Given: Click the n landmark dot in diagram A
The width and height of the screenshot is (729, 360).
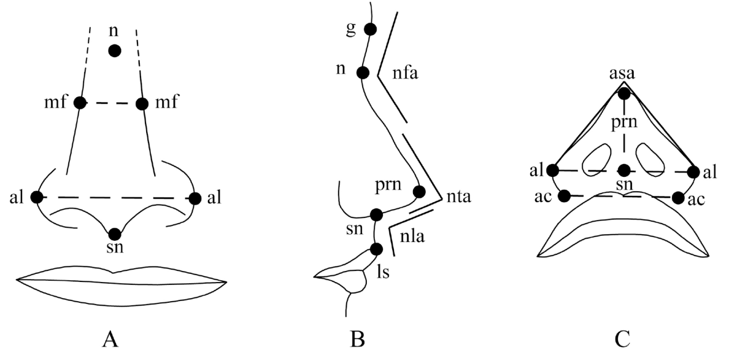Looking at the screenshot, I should click(114, 51).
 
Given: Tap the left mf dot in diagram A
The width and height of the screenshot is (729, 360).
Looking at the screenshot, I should click(80, 103).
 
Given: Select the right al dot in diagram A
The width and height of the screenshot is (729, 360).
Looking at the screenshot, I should click(195, 198).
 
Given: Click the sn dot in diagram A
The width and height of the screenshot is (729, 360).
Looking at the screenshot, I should click(115, 234).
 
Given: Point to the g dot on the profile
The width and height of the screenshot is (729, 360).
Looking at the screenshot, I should click(370, 29).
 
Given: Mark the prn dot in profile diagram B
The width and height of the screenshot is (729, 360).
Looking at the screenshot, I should click(419, 192).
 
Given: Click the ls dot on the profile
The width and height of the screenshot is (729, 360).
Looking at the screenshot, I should click(376, 250).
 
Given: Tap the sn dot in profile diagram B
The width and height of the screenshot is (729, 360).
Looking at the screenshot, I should click(376, 215).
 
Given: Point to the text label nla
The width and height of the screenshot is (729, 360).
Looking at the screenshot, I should click(411, 236).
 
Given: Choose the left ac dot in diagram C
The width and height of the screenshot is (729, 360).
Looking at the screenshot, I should click(566, 196).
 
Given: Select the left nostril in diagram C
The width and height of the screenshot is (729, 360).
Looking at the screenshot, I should click(597, 159).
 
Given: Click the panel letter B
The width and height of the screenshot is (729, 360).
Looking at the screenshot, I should click(358, 339).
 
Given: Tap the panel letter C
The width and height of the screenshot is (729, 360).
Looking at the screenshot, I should click(622, 339).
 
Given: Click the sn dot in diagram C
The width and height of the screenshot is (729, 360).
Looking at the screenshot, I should click(624, 170).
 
